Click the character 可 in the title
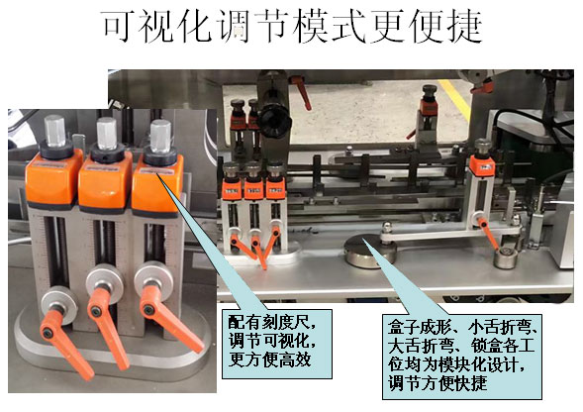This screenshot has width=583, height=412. pos(118,27)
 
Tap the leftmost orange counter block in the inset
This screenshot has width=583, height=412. pos(53,180)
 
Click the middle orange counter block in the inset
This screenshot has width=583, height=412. pos(105,182)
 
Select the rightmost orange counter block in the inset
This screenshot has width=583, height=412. pos(157,186)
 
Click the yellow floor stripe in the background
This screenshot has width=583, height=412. pos(454,99)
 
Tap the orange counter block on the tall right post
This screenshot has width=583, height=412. pos(482,165)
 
